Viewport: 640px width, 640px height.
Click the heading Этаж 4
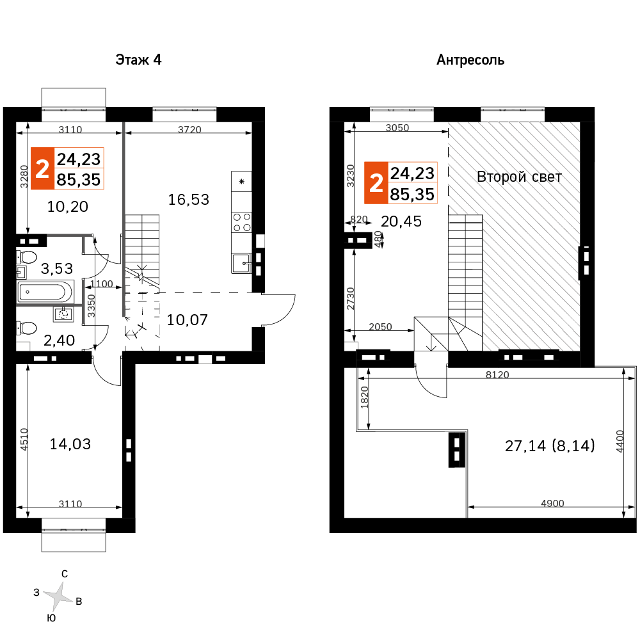pyautogui.click(x=138, y=60)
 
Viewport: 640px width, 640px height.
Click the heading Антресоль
pyautogui.click(x=470, y=60)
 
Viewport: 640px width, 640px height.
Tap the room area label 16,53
pyautogui.click(x=189, y=200)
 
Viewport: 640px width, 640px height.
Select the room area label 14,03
pyautogui.click(x=70, y=444)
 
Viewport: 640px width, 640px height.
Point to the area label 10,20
pyautogui.click(x=67, y=207)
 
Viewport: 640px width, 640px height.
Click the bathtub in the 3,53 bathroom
pyautogui.click(x=45, y=292)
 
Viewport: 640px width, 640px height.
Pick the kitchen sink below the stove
pyautogui.click(x=241, y=263)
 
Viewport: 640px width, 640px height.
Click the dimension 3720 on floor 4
pyautogui.click(x=189, y=129)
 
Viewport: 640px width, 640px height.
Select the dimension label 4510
pyautogui.click(x=24, y=439)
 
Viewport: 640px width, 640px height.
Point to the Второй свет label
pyautogui.click(x=519, y=177)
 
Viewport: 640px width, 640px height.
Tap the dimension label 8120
pyautogui.click(x=497, y=374)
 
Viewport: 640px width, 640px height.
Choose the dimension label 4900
pyautogui.click(x=552, y=503)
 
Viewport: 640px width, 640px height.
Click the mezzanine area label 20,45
pyautogui.click(x=401, y=221)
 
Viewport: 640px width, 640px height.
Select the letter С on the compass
pyautogui.click(x=65, y=574)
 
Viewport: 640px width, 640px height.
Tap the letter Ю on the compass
pyautogui.click(x=51, y=618)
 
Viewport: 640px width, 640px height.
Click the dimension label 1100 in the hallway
pyautogui.click(x=101, y=284)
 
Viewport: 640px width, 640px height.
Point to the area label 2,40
pyautogui.click(x=59, y=340)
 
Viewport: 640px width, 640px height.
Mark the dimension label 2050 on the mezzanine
pyautogui.click(x=380, y=326)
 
